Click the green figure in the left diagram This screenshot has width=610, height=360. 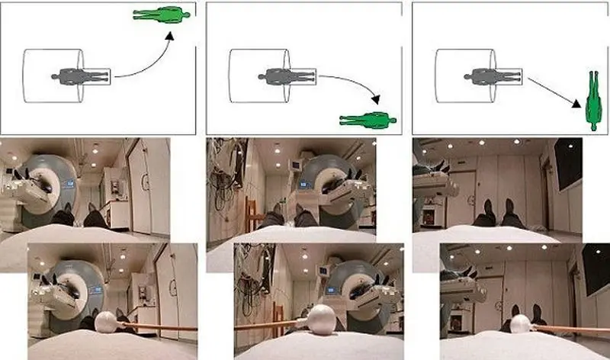(x=159, y=14)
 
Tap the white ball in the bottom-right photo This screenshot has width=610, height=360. (x=520, y=325)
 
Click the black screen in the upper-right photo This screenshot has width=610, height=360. (x=567, y=164)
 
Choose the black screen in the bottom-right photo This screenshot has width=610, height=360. (x=596, y=267)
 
